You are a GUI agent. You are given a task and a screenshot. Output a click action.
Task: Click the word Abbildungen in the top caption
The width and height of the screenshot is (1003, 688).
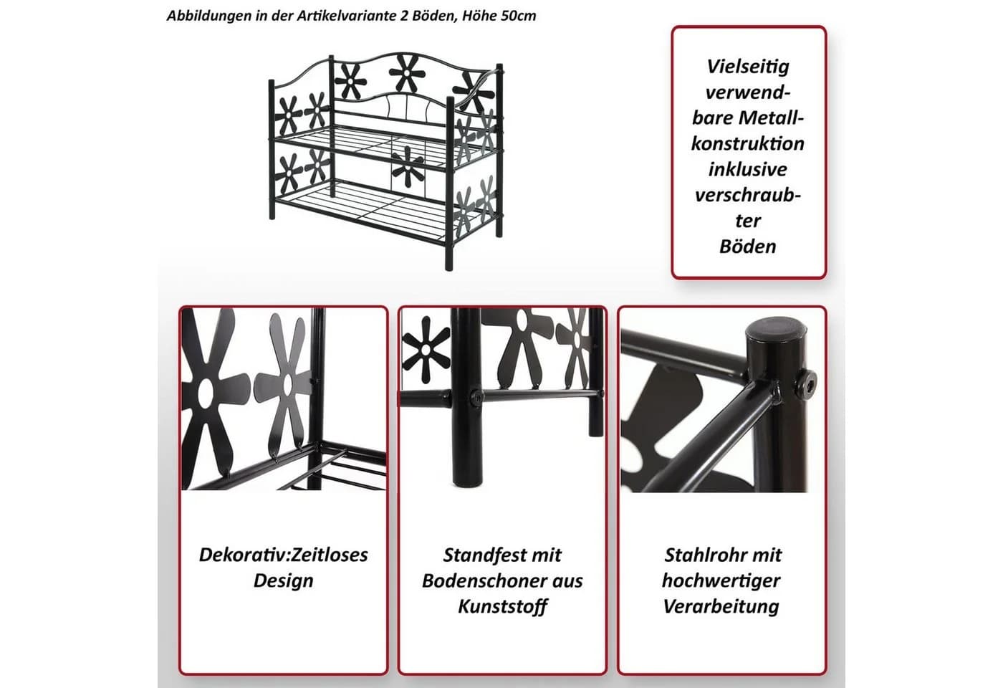[x=208, y=16]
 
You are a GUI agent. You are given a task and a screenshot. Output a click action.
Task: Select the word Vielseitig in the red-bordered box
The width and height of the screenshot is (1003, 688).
[x=748, y=67]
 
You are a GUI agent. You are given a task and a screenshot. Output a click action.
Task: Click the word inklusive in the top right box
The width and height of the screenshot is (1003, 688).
[x=748, y=169]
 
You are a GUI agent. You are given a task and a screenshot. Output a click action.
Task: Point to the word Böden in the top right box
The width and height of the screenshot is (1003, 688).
[x=748, y=247]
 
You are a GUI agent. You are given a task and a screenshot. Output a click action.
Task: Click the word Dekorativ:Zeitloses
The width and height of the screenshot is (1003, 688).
[x=284, y=555]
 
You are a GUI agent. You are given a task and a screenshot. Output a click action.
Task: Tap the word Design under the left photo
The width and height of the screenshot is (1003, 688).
[x=284, y=580]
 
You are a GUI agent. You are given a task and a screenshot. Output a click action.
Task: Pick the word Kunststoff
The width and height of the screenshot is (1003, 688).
[x=502, y=606]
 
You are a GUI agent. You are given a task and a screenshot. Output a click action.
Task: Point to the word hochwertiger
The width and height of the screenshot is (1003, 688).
[x=721, y=581]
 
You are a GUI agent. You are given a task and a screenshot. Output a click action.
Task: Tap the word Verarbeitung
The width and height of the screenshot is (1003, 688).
[x=721, y=606]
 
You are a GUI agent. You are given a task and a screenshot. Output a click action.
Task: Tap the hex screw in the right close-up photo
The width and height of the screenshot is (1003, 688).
[x=804, y=382]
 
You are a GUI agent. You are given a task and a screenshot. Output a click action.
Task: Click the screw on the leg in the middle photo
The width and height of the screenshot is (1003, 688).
[x=476, y=396]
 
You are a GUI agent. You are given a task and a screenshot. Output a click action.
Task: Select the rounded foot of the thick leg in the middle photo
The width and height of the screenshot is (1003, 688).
[x=467, y=479]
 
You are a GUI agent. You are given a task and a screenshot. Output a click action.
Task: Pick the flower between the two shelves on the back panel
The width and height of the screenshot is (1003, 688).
[x=408, y=166]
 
